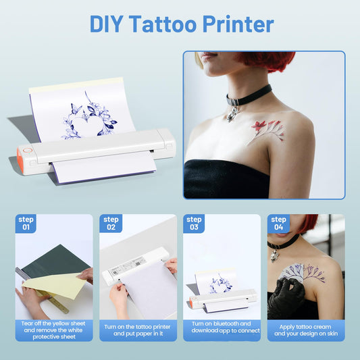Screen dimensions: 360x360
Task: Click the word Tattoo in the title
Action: pos(163,24)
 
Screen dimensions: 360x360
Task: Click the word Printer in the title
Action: pos(238,24)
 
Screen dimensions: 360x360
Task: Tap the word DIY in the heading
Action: pos(106,24)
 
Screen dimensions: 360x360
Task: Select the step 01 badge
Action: pos(26,224)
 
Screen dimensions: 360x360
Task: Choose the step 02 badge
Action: pos(111,224)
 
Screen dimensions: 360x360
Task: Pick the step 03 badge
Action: pos(194,224)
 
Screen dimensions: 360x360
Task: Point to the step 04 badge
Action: pos(278,224)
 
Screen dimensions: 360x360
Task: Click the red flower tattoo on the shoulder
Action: pos(267,130)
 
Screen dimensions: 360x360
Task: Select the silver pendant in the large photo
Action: pos(232,114)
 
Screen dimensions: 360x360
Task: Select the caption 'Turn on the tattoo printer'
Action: pos(137,327)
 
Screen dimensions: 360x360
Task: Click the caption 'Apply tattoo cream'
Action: pos(305,327)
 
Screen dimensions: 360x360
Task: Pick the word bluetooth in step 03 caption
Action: pos(226,324)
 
